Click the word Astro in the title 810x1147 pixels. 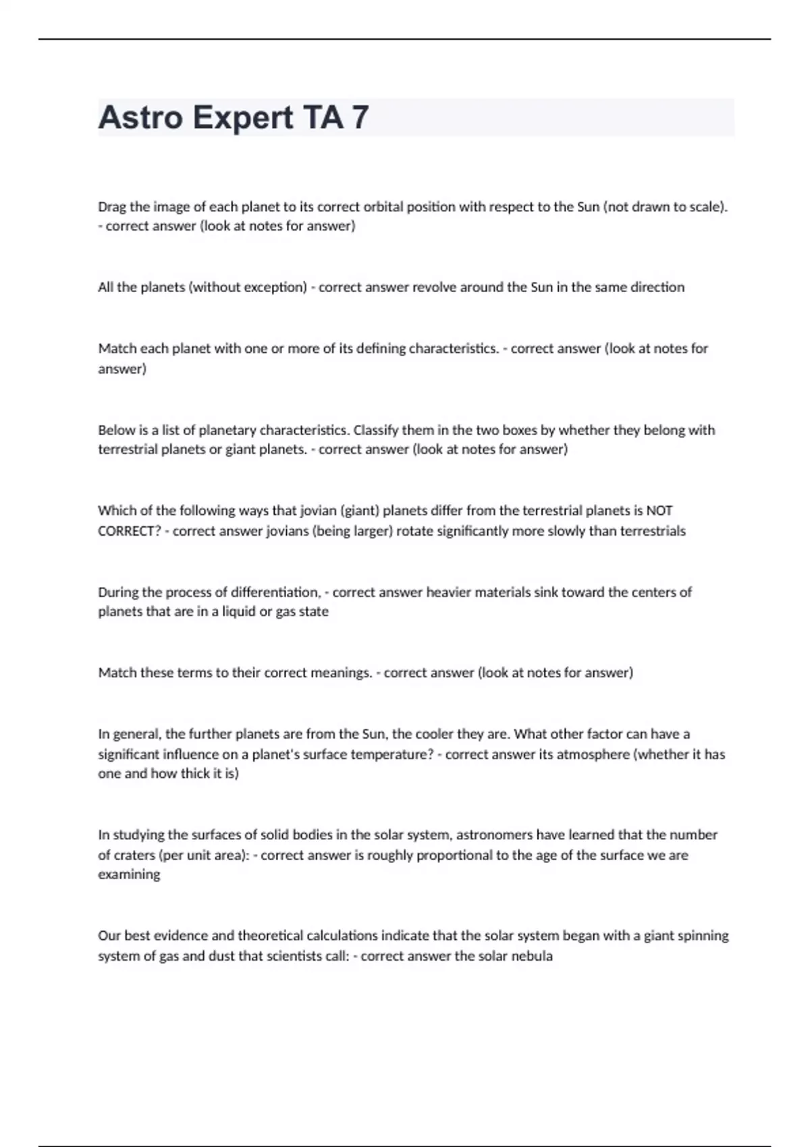140,117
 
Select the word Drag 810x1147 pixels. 112,207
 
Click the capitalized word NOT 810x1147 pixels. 659,511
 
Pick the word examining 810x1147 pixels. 129,874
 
